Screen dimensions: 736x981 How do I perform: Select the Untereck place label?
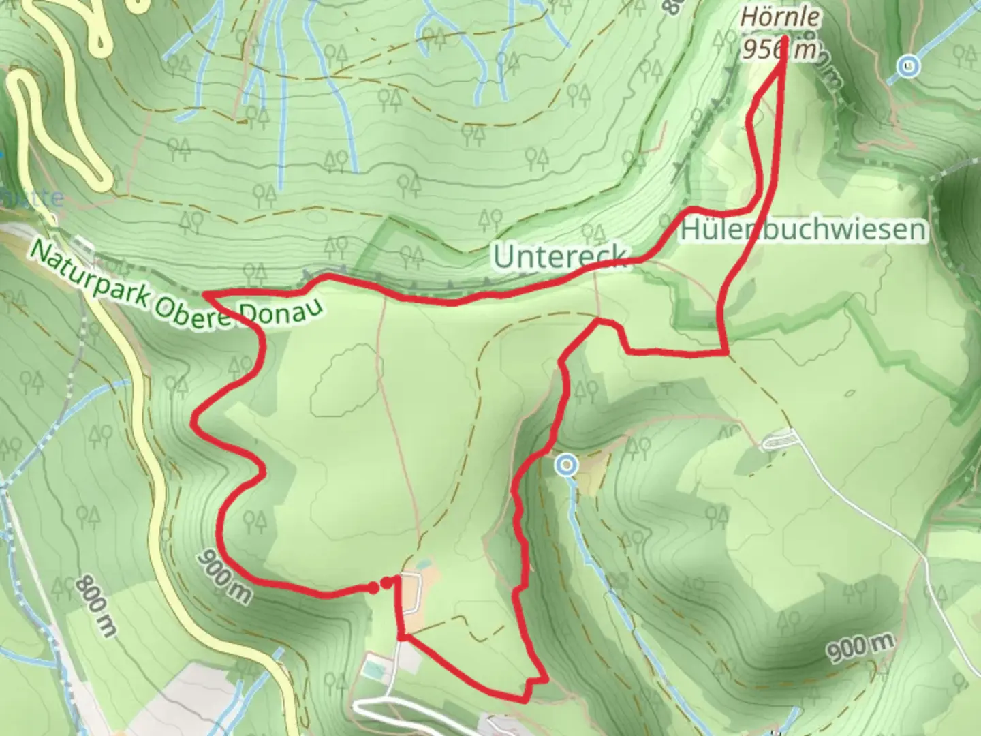(559, 257)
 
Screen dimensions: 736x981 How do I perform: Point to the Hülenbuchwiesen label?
(804, 230)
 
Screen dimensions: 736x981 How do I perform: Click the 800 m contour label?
(95, 605)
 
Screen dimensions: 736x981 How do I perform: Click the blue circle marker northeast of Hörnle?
(907, 67)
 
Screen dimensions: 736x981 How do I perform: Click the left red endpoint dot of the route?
(373, 587)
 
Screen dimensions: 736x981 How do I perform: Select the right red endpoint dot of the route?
(387, 582)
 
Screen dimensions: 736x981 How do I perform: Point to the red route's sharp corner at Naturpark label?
(206, 294)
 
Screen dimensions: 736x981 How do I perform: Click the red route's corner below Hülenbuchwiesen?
(727, 353)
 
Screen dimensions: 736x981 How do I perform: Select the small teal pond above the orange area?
(424, 565)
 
